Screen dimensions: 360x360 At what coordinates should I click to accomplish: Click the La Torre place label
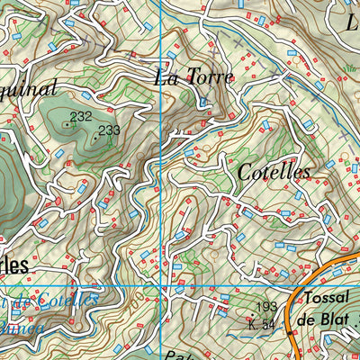[x=193, y=77]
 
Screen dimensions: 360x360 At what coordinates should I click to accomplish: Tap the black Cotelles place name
[x=274, y=172]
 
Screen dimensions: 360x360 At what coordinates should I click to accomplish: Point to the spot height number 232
[x=81, y=116]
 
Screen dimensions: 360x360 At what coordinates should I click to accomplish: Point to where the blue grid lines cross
[x=160, y=286]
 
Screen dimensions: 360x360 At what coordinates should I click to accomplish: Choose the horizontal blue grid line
[x=90, y=286]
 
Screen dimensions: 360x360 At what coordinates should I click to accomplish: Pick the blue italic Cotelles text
[x=58, y=299]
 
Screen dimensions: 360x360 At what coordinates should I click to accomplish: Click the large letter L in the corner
[x=352, y=20]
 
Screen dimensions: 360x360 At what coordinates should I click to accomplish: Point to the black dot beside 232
[x=67, y=124]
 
